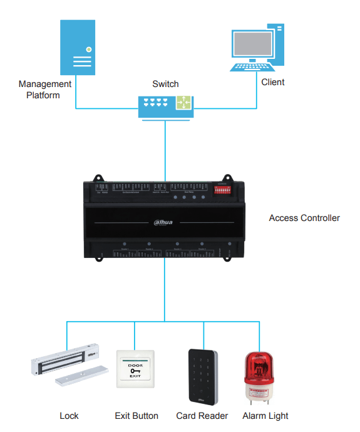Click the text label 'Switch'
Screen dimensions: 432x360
pos(165,84)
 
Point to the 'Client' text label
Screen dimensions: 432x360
pos(272,82)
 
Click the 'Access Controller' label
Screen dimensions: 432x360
pos(304,218)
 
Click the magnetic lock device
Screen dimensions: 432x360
pos(66,364)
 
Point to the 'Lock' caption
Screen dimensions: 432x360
pos(69,416)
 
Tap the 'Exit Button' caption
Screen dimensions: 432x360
pos(136,416)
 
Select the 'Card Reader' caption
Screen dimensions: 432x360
pos(202,416)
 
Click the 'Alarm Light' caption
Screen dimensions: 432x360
pos(265,416)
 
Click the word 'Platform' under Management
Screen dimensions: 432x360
pos(43,95)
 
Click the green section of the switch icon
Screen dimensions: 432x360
pos(184,103)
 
